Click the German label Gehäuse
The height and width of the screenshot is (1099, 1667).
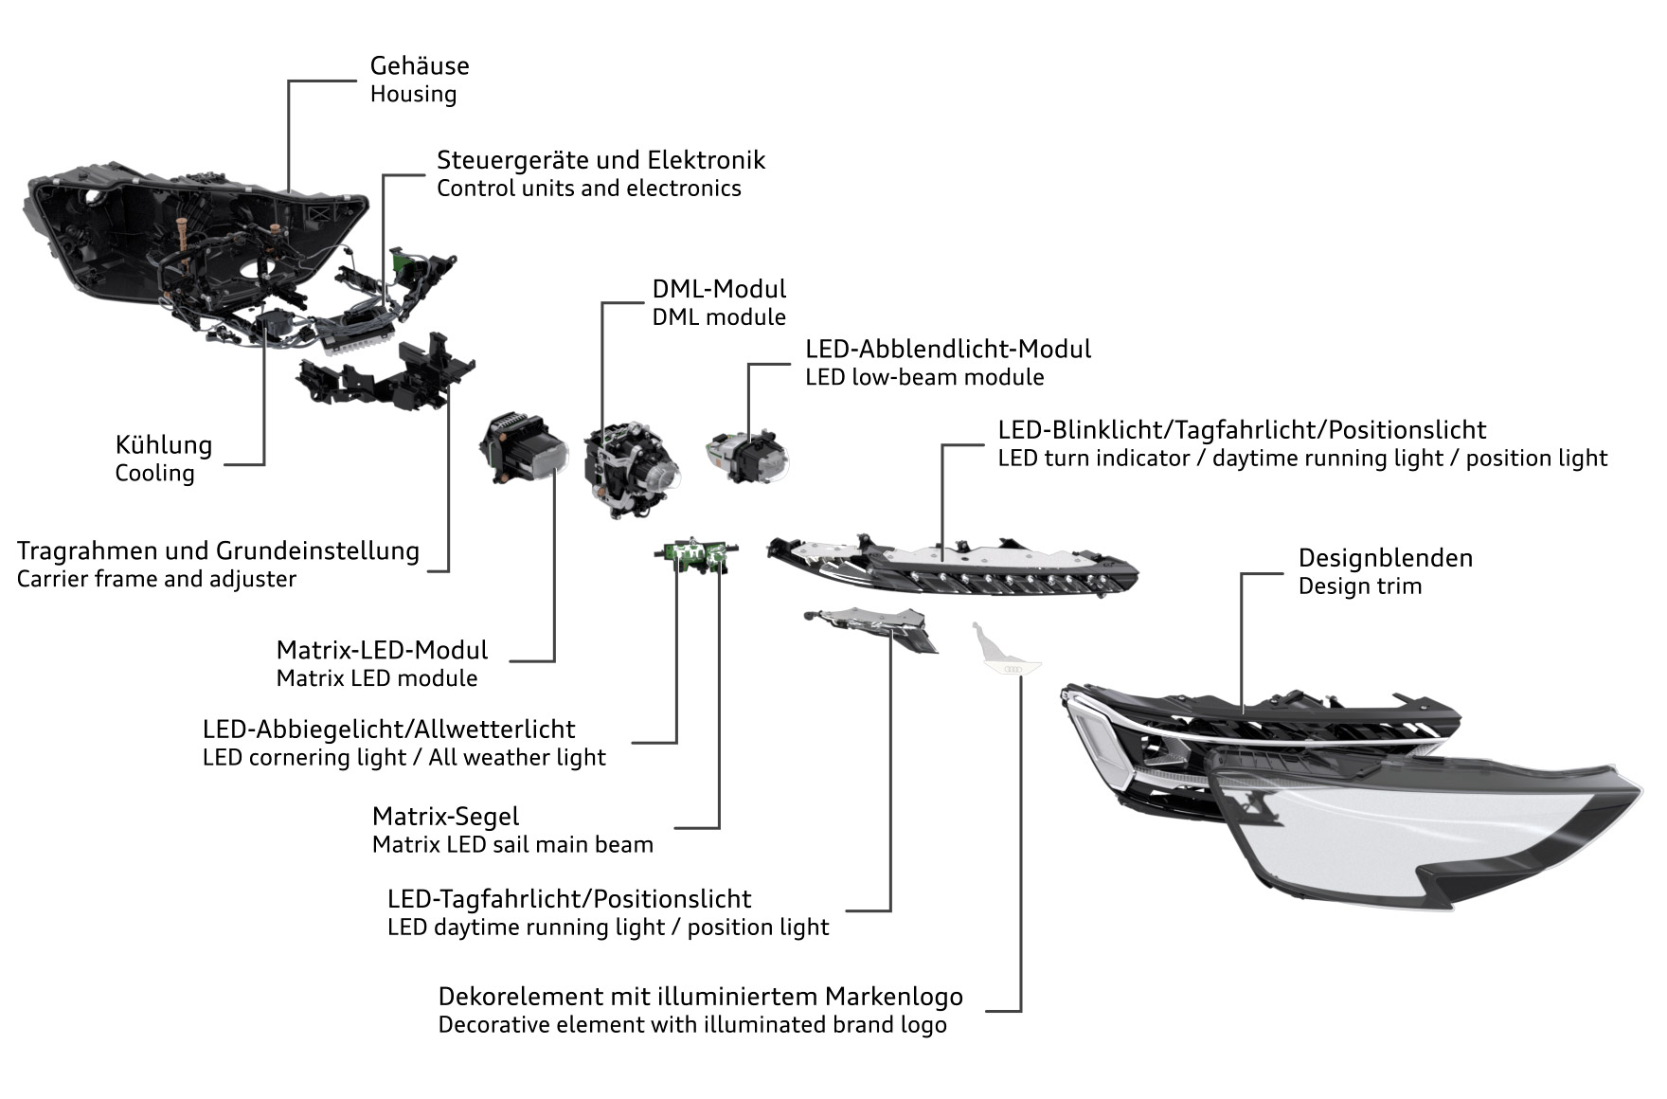click(420, 66)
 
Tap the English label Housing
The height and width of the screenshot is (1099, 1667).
click(413, 95)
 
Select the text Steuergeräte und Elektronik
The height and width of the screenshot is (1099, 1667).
click(600, 160)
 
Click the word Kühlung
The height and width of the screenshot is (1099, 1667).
click(164, 444)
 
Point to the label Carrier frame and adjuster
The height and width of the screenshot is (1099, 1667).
click(156, 579)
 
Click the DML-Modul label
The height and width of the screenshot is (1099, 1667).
click(719, 289)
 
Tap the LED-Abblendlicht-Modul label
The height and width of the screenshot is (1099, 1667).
click(948, 349)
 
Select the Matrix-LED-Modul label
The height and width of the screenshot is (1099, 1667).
click(382, 650)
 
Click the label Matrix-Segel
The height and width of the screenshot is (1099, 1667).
click(445, 817)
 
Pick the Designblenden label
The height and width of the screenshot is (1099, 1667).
click(1386, 558)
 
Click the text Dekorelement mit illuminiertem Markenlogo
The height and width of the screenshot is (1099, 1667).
click(700, 997)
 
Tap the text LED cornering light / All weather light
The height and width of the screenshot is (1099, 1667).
click(403, 758)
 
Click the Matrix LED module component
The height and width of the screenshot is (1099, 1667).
click(522, 449)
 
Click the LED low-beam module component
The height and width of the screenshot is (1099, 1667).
click(747, 455)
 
